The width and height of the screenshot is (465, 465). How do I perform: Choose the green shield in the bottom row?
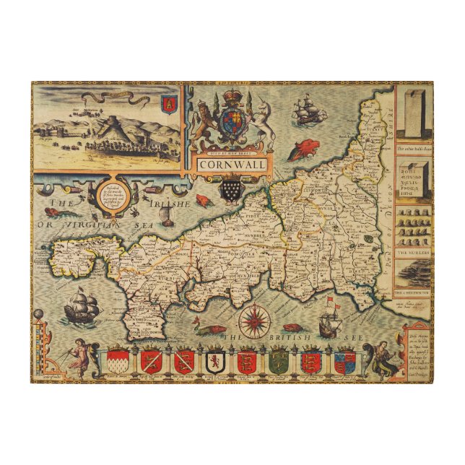pyautogui.click(x=279, y=360)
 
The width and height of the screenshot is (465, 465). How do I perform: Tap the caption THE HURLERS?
pyautogui.click(x=413, y=253)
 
